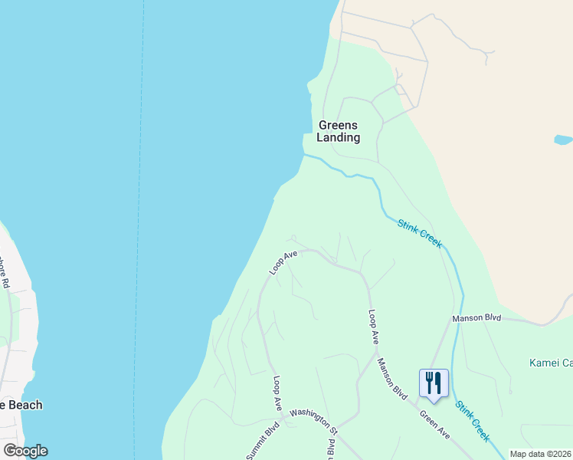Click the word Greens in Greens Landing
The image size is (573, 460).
(338, 125)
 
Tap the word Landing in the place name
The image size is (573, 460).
(338, 138)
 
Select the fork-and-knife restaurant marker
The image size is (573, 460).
(434, 383)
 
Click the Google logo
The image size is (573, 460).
(25, 451)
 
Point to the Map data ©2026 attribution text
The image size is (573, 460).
(540, 454)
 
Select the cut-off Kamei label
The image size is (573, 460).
(551, 363)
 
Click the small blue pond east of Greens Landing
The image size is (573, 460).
(562, 140)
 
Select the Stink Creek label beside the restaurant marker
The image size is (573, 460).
(473, 420)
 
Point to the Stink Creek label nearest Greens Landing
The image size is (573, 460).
(419, 233)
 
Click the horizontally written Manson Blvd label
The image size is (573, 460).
(476, 317)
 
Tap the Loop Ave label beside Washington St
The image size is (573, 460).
(277, 393)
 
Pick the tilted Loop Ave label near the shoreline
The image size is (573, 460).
(283, 262)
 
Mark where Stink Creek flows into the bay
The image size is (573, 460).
(305, 155)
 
